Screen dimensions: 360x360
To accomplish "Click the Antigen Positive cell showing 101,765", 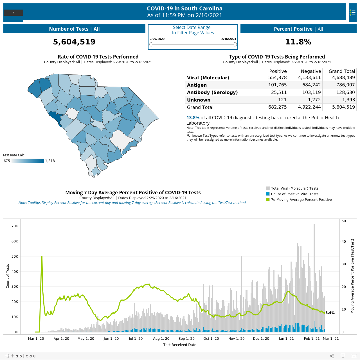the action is coord(277,85).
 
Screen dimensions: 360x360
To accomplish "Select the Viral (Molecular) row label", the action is coord(208,78).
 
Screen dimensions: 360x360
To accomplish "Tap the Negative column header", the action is coord(311,71).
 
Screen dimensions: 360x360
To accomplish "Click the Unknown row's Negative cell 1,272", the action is coord(314,100).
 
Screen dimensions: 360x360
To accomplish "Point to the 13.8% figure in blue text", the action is coord(193,118).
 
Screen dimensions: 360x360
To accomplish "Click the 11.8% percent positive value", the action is coord(298,42).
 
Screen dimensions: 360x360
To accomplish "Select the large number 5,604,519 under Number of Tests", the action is coord(74,42).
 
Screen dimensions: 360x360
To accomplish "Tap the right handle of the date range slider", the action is coord(235,44).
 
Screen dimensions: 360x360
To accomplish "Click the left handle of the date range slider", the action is coord(151,44).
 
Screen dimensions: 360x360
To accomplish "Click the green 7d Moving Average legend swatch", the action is coord(268,199).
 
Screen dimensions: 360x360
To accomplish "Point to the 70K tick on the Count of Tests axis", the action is coord(15,226).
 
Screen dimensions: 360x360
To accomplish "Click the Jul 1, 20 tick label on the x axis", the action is coord(136,339).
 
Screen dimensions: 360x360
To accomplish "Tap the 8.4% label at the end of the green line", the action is coord(330,313).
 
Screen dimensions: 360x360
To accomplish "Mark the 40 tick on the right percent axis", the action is coord(344,241).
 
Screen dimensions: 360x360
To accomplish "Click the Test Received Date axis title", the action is coord(180,345).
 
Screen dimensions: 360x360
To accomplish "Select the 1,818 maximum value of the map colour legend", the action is coord(50,161).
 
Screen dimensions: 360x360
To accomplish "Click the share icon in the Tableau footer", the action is coord(332,356).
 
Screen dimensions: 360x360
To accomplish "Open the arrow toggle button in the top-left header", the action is coord(13,13).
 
